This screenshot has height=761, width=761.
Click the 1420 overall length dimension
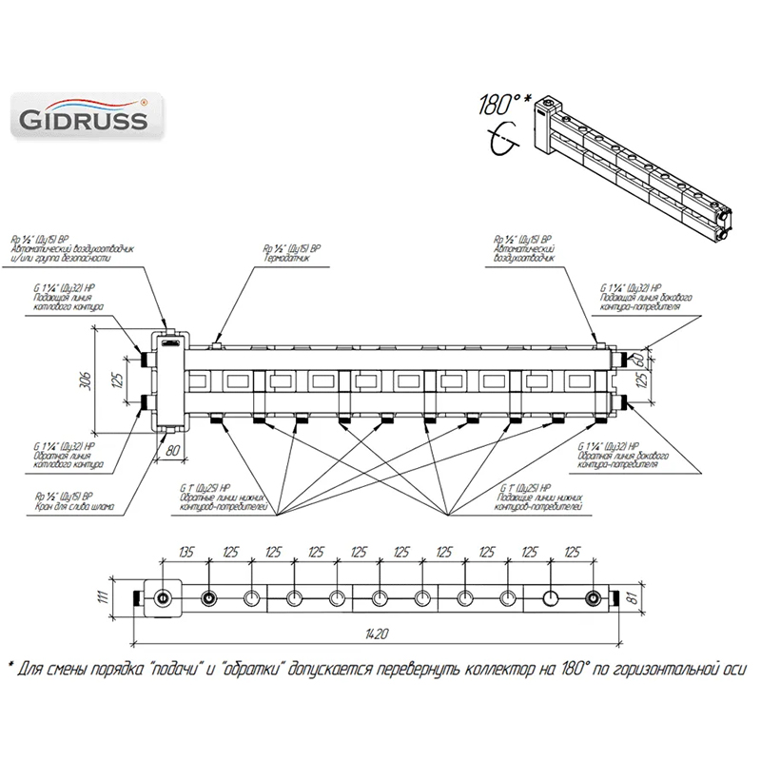click(379, 633)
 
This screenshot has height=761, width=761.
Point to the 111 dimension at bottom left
click(118, 598)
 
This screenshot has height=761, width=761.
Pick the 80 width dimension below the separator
click(173, 449)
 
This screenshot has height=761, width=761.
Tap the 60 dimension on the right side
click(651, 360)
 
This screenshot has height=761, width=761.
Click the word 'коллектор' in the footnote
click(511, 669)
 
